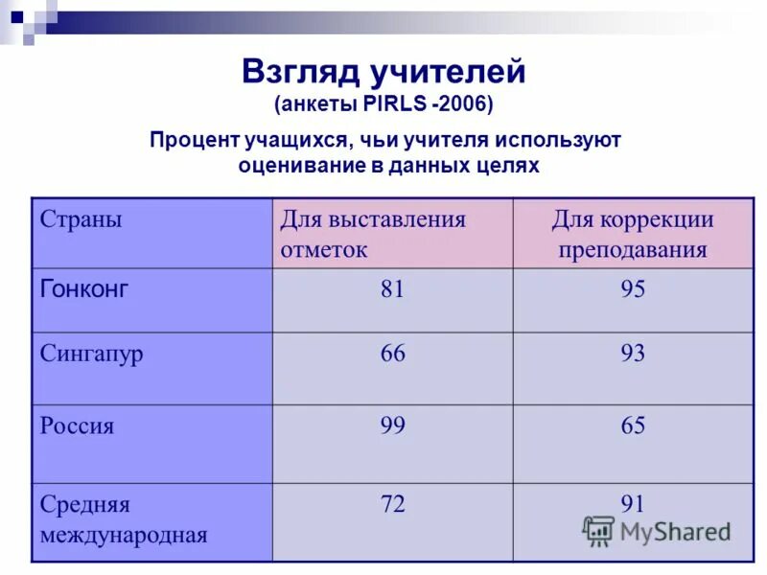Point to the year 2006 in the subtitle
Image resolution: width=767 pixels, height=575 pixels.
(467, 103)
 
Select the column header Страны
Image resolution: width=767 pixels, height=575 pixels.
(81, 219)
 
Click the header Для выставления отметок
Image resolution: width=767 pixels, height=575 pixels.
(372, 234)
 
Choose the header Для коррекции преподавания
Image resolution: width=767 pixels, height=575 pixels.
(633, 234)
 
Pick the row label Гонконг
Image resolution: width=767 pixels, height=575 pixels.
(84, 288)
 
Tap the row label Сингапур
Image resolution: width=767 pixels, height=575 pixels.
(92, 354)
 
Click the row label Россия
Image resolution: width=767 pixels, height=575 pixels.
(77, 425)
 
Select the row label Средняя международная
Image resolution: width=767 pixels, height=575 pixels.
(124, 519)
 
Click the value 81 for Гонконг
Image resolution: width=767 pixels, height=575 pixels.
(392, 289)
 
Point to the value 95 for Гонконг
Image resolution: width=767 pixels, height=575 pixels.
(633, 289)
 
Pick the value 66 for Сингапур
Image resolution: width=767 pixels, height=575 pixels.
(392, 354)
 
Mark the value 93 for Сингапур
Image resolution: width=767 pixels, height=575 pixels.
(633, 354)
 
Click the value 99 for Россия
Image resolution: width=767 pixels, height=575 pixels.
(392, 425)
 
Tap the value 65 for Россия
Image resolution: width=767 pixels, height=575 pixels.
(633, 425)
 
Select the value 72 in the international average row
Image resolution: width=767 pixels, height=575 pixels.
(392, 504)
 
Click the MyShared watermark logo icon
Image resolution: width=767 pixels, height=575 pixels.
(599, 530)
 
